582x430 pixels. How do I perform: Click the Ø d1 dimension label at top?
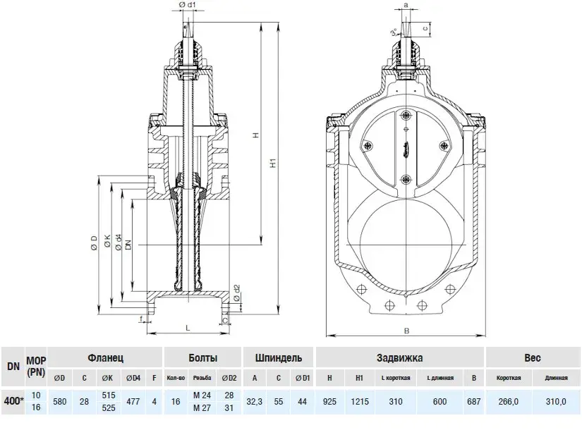[x=187, y=5]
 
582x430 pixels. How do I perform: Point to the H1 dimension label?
[x=274, y=163]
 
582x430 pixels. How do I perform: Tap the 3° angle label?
[x=394, y=32]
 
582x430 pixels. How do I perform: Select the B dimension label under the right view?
[x=406, y=331]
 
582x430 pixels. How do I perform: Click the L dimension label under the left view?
[x=188, y=328]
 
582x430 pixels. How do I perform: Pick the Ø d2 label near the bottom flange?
[x=237, y=293]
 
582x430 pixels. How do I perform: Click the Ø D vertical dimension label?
[x=95, y=243]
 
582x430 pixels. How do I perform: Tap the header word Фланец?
[x=105, y=358]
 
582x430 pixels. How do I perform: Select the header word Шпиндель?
[x=279, y=358]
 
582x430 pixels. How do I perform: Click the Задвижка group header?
[x=400, y=358]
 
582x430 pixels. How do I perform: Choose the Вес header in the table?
[x=533, y=358]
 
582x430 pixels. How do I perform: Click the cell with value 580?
[x=60, y=401]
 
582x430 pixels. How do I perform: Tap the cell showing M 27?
[x=202, y=407]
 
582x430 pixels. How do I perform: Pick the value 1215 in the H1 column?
[x=360, y=401]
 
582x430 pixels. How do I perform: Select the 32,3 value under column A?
[x=255, y=401]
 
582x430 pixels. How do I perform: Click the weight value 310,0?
[x=556, y=401]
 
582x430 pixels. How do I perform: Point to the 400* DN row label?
[x=13, y=401]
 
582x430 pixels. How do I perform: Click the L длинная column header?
[x=440, y=378]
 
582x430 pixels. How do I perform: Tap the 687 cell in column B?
[x=473, y=401]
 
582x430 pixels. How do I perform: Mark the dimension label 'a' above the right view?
[x=406, y=5]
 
